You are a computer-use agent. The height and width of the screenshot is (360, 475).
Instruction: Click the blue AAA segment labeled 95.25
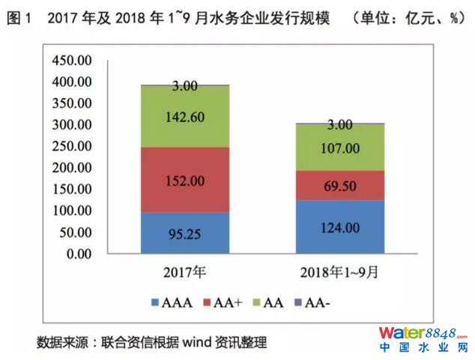pos(185,234)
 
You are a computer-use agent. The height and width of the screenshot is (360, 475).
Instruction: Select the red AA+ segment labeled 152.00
pos(185,180)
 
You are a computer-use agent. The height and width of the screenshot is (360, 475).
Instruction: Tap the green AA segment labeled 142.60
pos(185,117)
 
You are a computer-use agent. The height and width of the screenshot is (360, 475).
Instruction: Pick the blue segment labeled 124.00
pos(341,227)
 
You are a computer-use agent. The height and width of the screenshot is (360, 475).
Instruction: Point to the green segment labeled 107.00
pos(341,148)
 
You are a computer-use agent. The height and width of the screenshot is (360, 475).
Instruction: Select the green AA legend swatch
pos(259,303)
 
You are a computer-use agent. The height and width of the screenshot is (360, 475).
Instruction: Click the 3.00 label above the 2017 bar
pos(185,86)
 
